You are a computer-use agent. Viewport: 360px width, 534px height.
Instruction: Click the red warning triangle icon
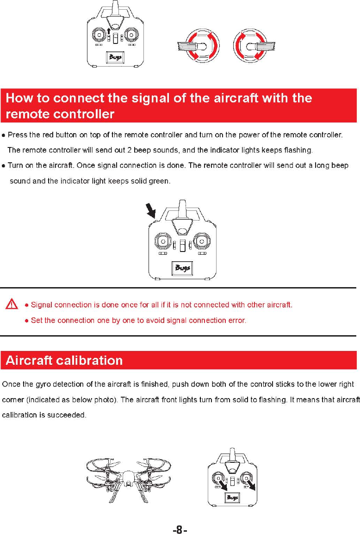coord(12,304)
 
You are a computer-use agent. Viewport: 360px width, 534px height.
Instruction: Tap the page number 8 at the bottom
coord(180,530)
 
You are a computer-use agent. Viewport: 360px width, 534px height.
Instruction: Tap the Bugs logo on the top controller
coord(114,58)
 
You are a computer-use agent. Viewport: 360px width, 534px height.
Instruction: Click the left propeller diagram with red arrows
coord(199,46)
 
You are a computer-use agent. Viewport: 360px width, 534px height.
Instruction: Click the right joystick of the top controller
coord(131,35)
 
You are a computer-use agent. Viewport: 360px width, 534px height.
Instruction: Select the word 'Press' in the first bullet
coord(18,135)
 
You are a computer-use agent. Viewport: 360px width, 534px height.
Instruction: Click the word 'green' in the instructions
coord(159,181)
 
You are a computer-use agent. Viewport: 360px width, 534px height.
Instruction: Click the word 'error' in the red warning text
coord(236,320)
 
